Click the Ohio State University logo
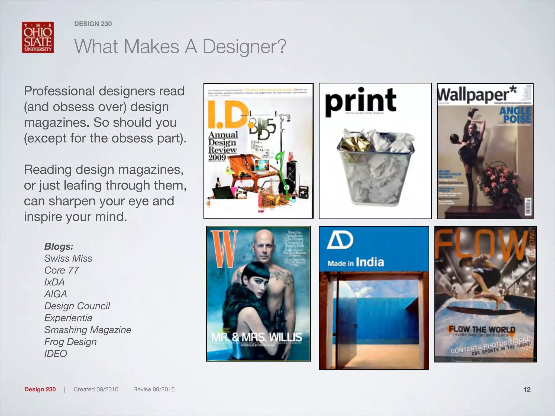point(38,37)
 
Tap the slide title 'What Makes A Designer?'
point(180,47)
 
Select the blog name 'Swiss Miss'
point(68,258)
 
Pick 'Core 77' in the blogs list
point(62,270)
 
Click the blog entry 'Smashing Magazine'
point(88,330)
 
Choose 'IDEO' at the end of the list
point(56,354)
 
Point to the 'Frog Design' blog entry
point(70,342)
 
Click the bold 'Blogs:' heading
point(59,246)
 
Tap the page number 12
point(527,389)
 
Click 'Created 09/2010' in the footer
point(96,389)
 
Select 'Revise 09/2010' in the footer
point(154,389)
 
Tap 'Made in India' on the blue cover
point(356,262)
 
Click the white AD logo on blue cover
point(340,240)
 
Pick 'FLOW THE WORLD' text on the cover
point(482,330)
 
